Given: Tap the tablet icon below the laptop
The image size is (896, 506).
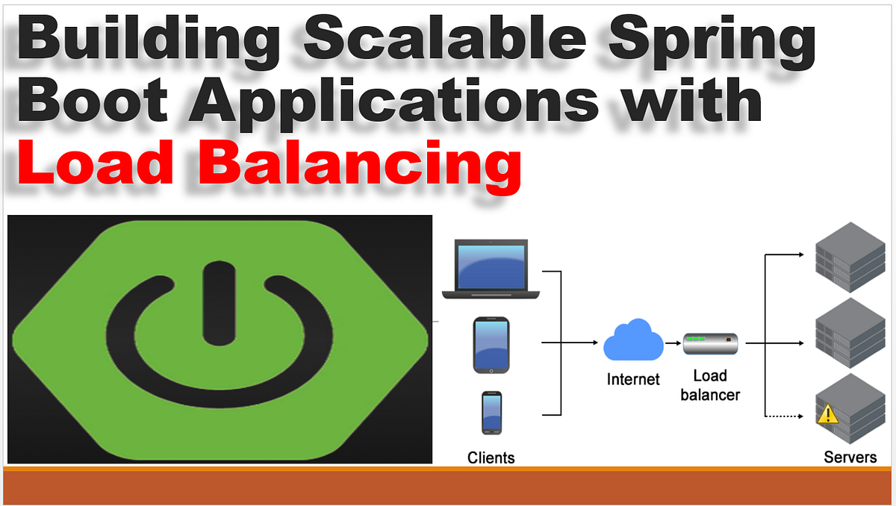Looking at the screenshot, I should click(x=491, y=346).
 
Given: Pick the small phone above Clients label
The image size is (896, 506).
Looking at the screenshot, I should click(x=491, y=413).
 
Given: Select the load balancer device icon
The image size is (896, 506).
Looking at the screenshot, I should click(x=710, y=343).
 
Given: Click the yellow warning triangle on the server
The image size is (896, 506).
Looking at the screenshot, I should click(x=827, y=414).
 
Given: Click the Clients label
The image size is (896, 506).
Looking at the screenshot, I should click(x=491, y=457).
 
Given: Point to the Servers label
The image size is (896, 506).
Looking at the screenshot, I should click(x=850, y=457).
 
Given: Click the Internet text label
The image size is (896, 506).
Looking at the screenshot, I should click(x=633, y=379).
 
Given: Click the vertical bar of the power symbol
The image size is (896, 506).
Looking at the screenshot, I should click(x=215, y=302).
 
